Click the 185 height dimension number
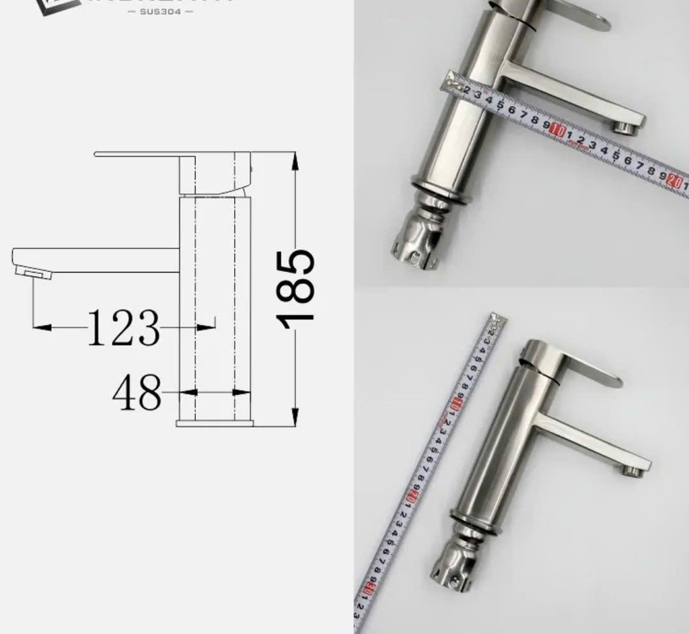[x=296, y=289]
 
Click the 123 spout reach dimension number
[x=124, y=328]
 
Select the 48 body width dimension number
[x=137, y=392]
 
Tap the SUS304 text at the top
[x=160, y=11]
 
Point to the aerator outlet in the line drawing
[x=32, y=272]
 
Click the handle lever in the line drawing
[x=141, y=155]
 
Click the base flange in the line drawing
[x=215, y=423]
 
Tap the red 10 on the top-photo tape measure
[x=557, y=130]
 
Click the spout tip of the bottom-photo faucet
[x=632, y=470]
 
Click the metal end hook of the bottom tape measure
[x=497, y=319]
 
